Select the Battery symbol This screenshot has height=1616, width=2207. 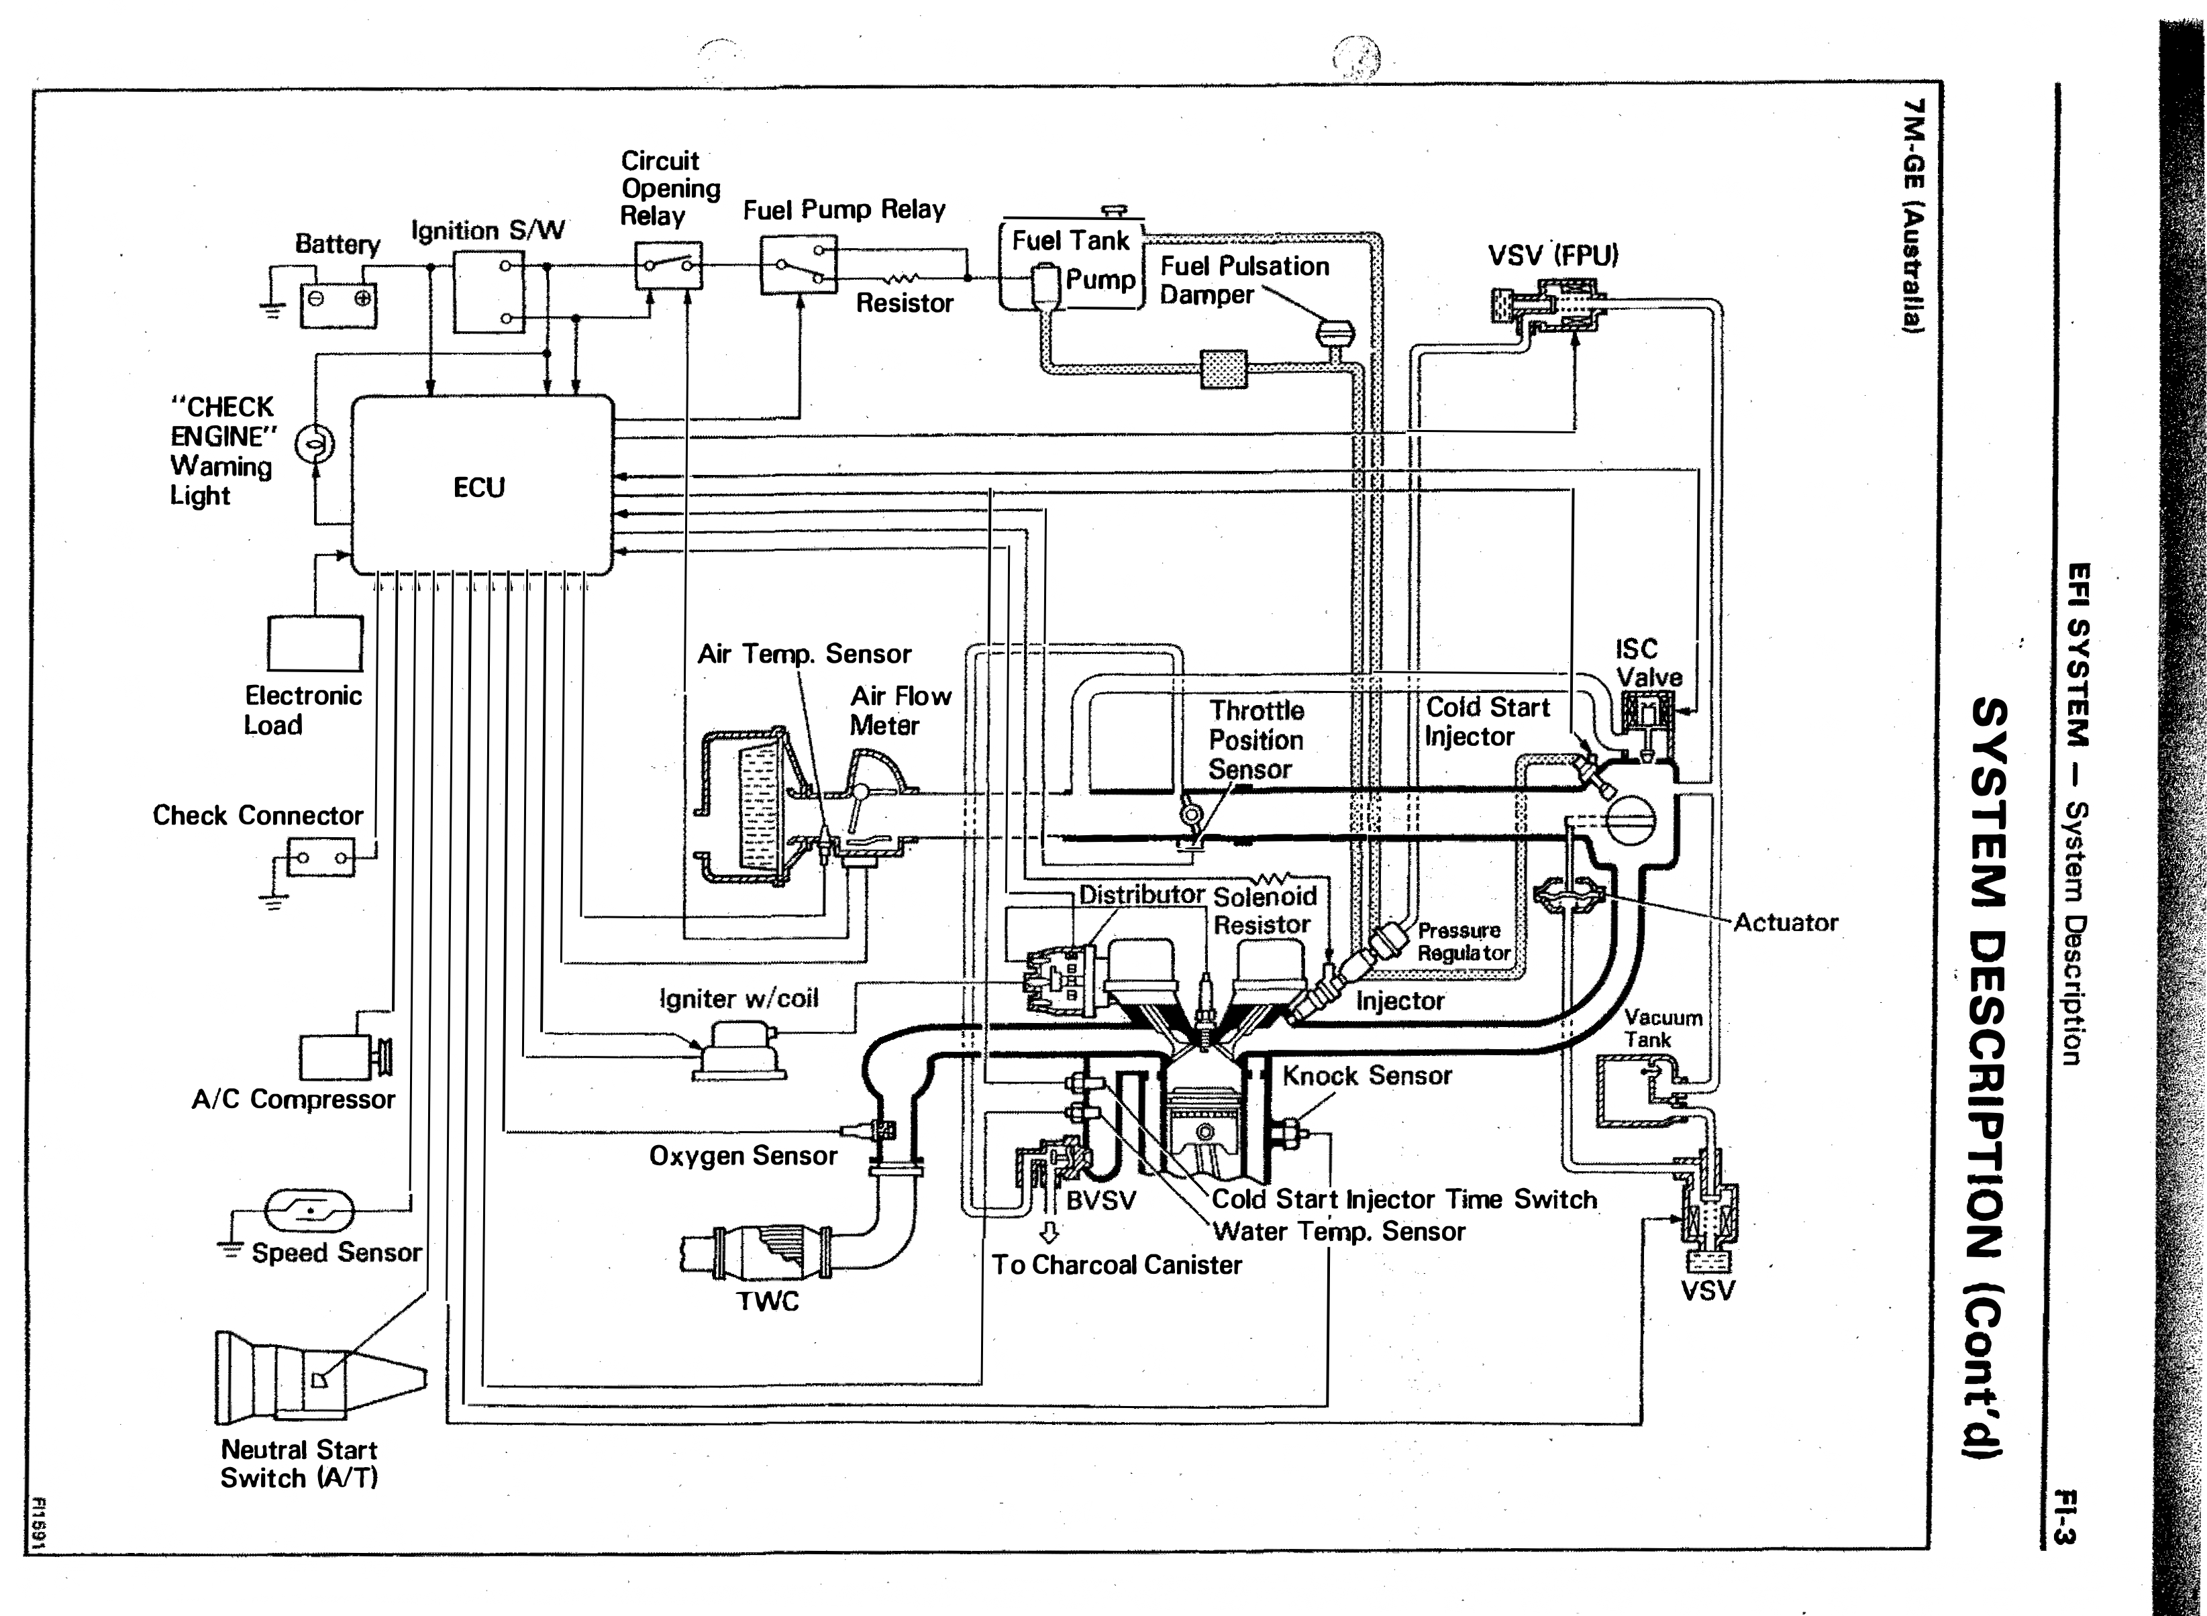[338, 305]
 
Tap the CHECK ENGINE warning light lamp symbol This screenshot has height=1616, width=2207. [315, 444]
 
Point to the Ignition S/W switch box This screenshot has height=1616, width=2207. [489, 292]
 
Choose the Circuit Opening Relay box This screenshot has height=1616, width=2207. [668, 264]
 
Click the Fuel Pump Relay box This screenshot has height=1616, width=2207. [799, 264]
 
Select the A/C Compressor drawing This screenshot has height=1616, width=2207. [344, 1057]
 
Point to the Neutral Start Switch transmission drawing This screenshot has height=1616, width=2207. [321, 1377]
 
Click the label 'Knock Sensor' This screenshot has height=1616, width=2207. [1367, 1076]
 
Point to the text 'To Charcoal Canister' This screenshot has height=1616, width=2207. [1117, 1264]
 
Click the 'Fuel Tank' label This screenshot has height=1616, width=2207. [1070, 241]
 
